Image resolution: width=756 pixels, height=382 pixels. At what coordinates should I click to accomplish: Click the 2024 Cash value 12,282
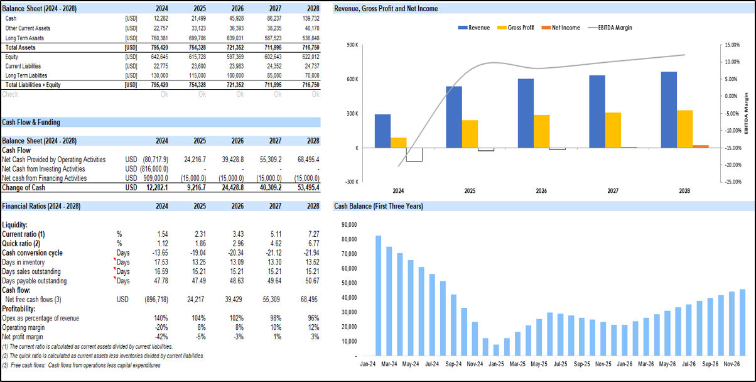160,19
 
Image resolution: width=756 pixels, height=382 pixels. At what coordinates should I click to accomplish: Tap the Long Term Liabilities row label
26,75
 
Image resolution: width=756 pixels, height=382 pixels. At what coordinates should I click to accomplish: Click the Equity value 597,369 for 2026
232,57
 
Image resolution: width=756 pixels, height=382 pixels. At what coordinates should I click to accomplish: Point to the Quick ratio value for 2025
198,243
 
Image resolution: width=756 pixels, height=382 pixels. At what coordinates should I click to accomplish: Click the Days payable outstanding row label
35,281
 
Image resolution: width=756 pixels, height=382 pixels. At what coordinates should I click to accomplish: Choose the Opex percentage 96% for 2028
312,318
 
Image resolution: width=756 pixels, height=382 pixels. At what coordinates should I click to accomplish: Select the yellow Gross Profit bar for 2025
470,134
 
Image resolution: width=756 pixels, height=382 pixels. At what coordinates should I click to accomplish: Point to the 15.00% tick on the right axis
732,45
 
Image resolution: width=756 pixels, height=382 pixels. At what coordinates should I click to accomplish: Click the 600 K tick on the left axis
352,79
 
